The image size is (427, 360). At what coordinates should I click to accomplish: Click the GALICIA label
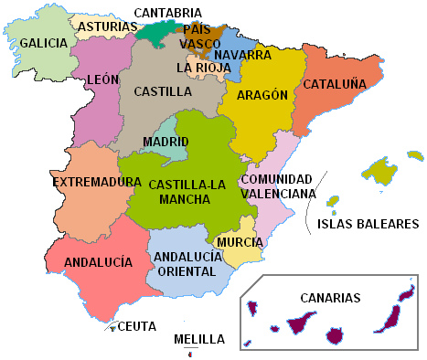coord(43,43)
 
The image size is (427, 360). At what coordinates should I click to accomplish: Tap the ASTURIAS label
coord(108,27)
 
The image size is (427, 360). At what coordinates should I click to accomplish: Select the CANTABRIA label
coord(167,12)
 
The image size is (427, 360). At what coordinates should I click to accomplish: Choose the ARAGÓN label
coord(262,95)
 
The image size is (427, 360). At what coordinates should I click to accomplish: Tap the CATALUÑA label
coord(335,83)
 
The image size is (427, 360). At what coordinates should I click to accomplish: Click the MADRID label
coord(165,142)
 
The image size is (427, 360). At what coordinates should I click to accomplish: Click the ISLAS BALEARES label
coord(367,224)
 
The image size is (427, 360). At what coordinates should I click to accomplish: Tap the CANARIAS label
coord(330,298)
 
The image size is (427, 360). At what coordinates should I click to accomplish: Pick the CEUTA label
coord(137,326)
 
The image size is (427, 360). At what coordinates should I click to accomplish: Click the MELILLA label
coord(198,339)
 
